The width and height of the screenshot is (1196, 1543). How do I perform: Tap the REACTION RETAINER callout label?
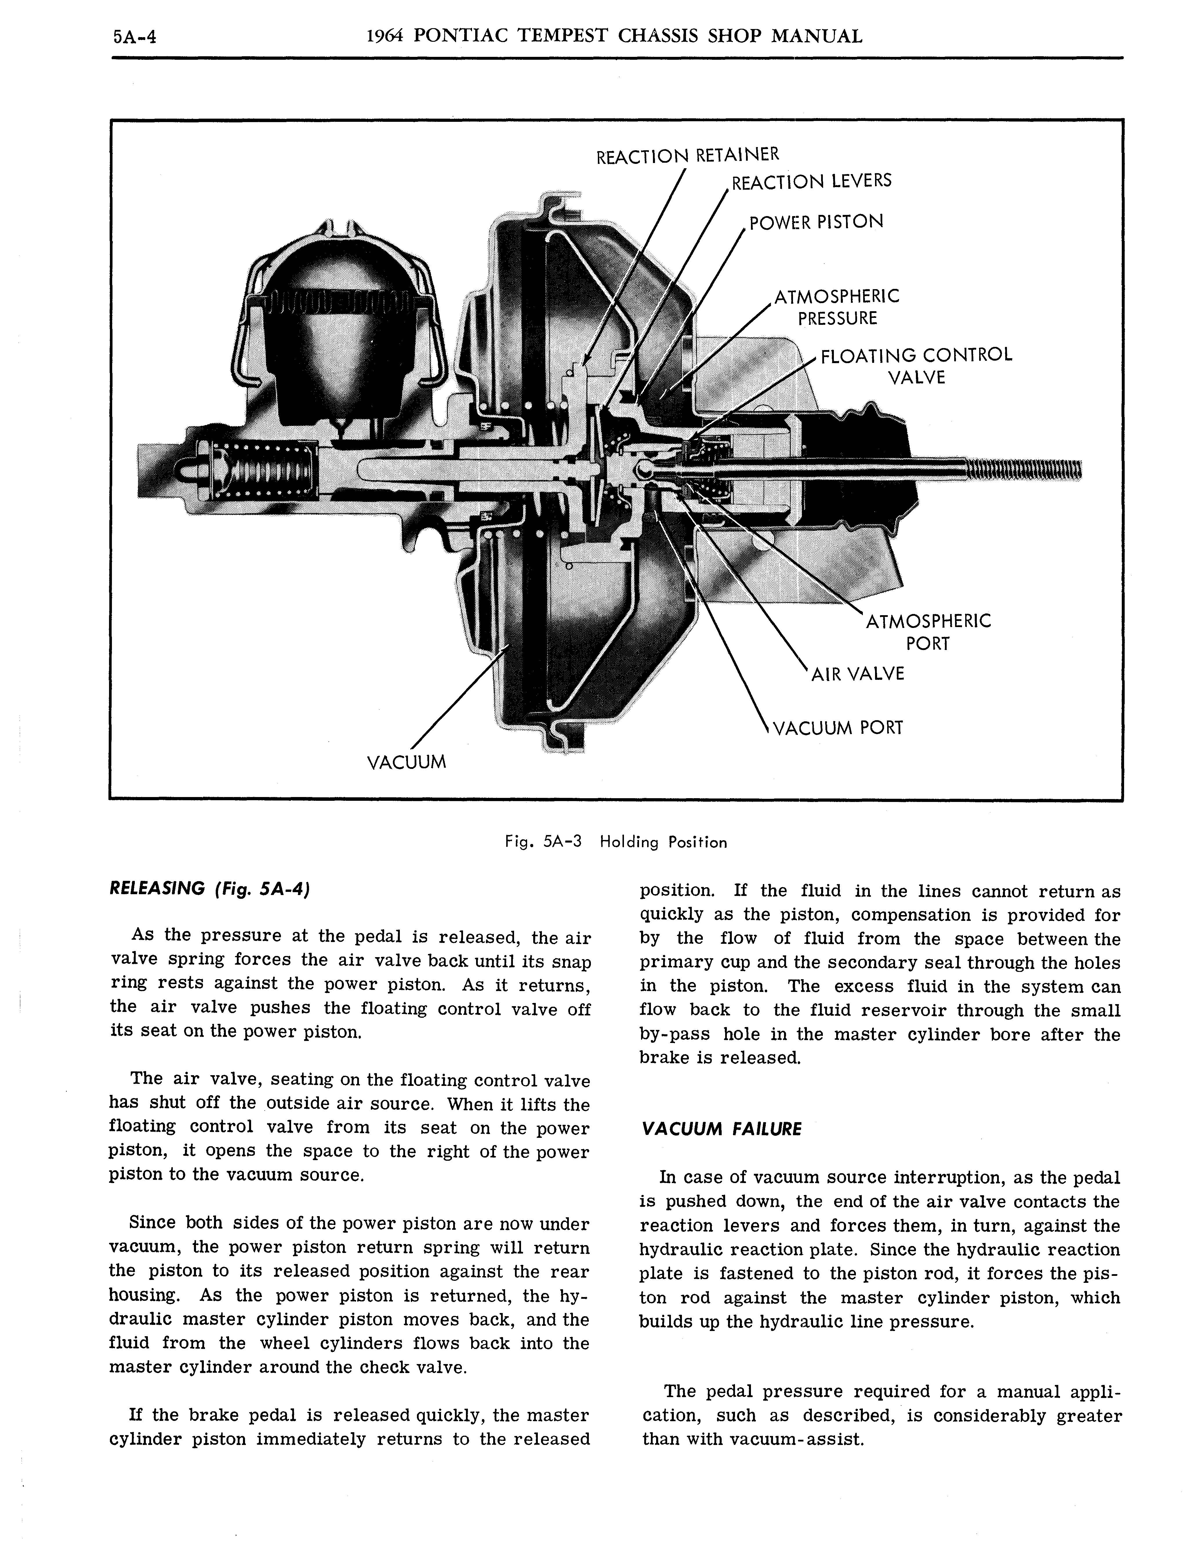click(x=687, y=155)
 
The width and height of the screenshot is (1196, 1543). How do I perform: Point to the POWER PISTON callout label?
click(x=816, y=222)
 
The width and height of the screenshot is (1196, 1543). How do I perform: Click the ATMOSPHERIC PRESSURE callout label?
click(x=837, y=307)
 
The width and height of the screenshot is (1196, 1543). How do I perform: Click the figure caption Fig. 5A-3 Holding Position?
click(x=615, y=842)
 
